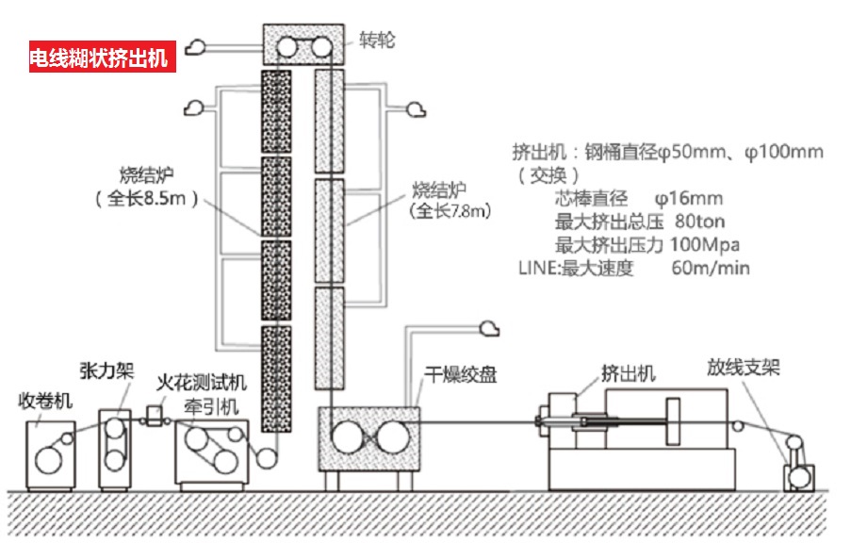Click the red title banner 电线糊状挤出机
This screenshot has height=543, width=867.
(98, 58)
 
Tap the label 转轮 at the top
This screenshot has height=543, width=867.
(377, 41)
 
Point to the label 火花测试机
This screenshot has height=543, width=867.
(202, 382)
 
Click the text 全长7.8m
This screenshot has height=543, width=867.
(450, 211)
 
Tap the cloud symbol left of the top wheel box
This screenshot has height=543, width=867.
(198, 45)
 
